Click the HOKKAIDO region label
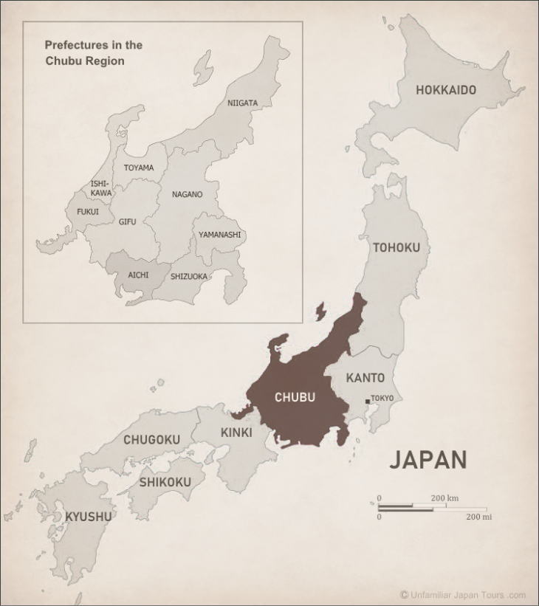click(445, 90)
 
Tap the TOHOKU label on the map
click(396, 247)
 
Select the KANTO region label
click(365, 378)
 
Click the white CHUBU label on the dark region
click(295, 397)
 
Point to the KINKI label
click(236, 433)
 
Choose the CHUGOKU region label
click(151, 440)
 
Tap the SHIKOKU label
click(165, 482)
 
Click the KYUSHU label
click(89, 516)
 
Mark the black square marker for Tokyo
click(368, 402)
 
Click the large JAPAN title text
click(428, 460)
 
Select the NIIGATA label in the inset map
click(242, 103)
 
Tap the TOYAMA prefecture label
click(139, 168)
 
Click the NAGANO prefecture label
click(187, 194)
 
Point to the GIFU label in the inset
click(127, 221)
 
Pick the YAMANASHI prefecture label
click(219, 235)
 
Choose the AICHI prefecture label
click(138, 275)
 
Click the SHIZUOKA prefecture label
click(189, 277)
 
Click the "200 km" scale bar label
click(444, 498)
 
